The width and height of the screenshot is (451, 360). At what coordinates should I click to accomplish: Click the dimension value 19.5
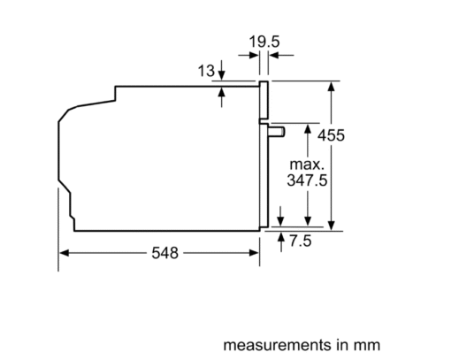[264, 42]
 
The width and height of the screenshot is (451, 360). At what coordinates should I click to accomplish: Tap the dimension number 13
[206, 71]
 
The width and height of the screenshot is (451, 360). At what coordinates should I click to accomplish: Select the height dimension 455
[331, 135]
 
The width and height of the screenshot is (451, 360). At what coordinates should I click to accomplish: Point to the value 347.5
[307, 180]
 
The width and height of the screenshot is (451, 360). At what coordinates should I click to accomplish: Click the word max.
[307, 165]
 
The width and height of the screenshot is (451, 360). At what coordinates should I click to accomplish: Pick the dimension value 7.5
[301, 241]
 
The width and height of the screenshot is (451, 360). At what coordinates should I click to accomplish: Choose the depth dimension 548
[164, 253]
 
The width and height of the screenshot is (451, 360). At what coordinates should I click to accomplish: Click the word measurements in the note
[278, 345]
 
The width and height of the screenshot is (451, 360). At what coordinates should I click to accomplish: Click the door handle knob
[277, 132]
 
